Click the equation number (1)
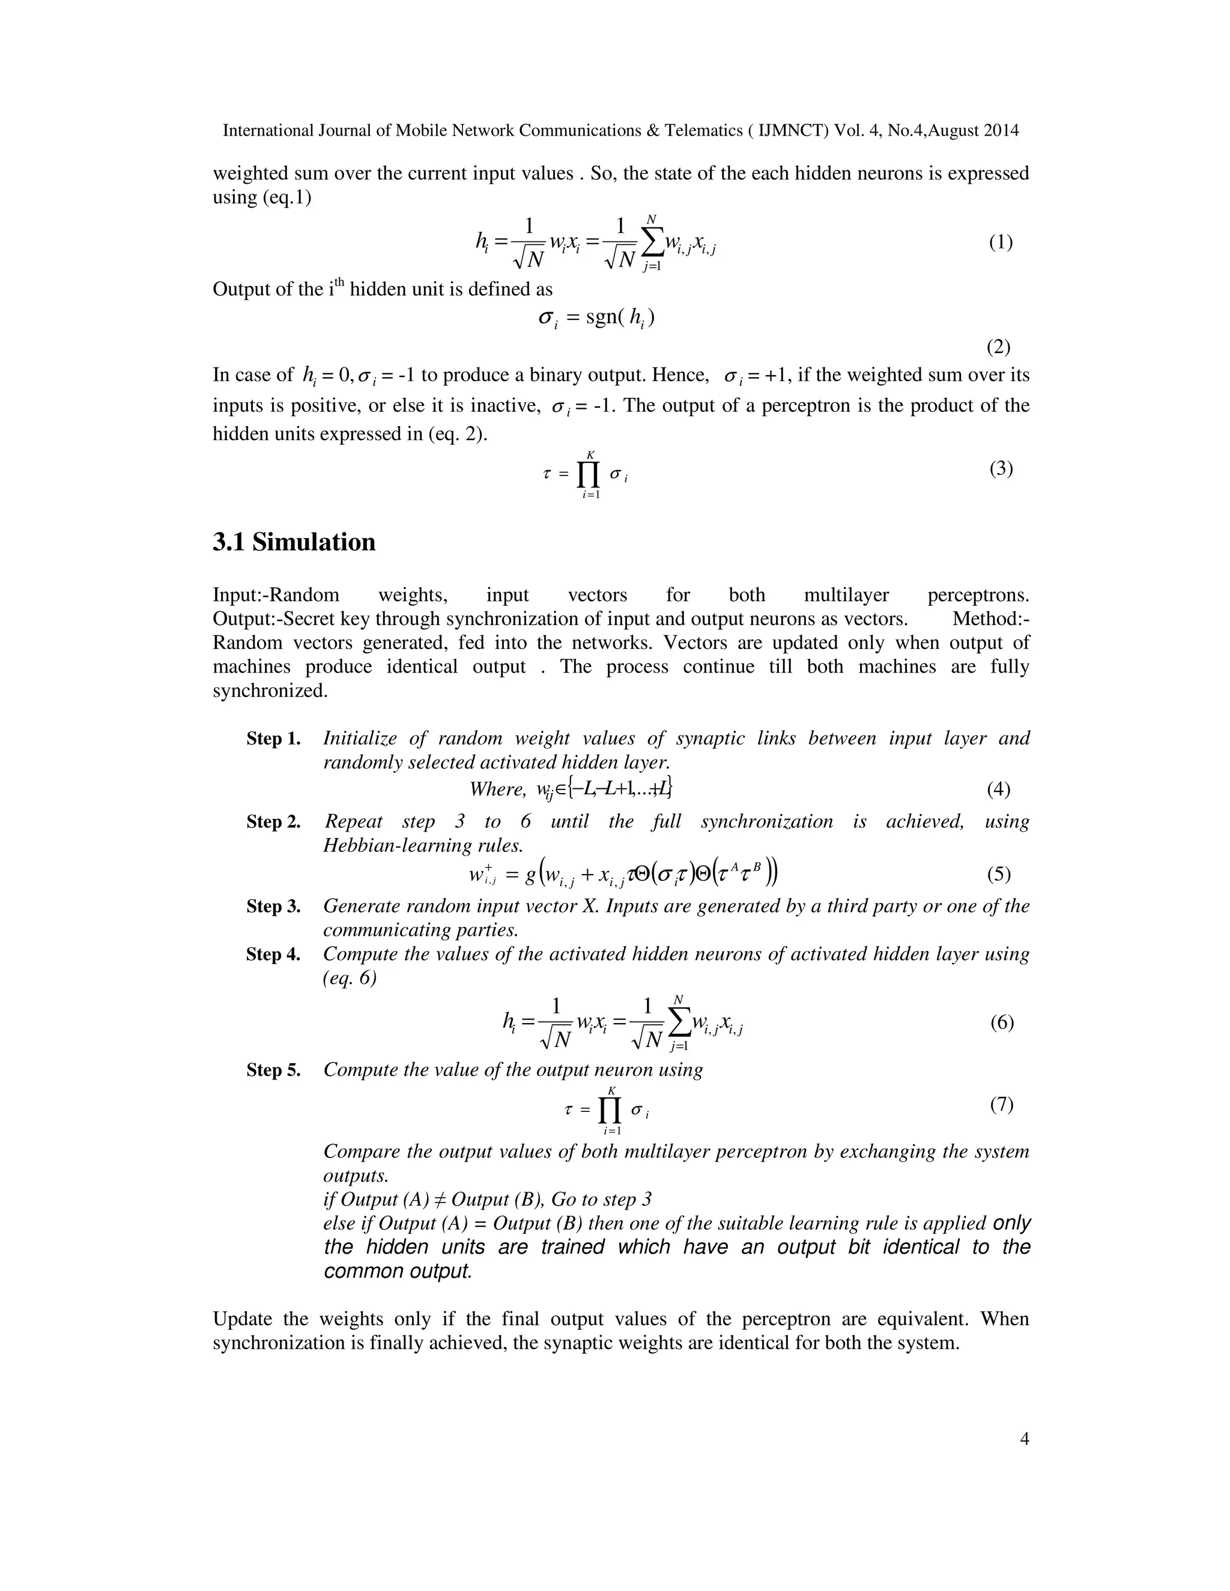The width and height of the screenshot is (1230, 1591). [1001, 243]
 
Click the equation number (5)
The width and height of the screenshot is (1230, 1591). [999, 874]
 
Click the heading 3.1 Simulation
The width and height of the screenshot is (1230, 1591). [294, 542]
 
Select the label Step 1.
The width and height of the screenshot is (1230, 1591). [273, 738]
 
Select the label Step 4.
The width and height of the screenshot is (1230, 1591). [273, 955]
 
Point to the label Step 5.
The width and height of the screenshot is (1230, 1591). [273, 1070]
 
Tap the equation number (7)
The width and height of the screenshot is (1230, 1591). [1001, 1105]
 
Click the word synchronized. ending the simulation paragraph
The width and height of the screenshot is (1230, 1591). [270, 690]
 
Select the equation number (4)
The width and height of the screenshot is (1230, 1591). [998, 789]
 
